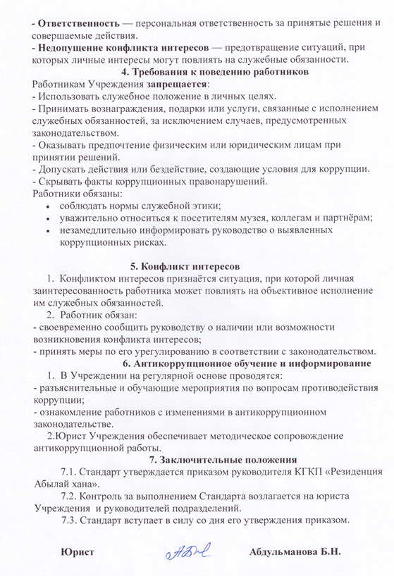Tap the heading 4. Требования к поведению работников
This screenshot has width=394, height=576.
(x=196, y=72)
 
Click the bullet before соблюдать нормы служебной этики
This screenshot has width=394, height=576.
(x=47, y=206)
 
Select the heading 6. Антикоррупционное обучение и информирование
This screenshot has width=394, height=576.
(x=246, y=363)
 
